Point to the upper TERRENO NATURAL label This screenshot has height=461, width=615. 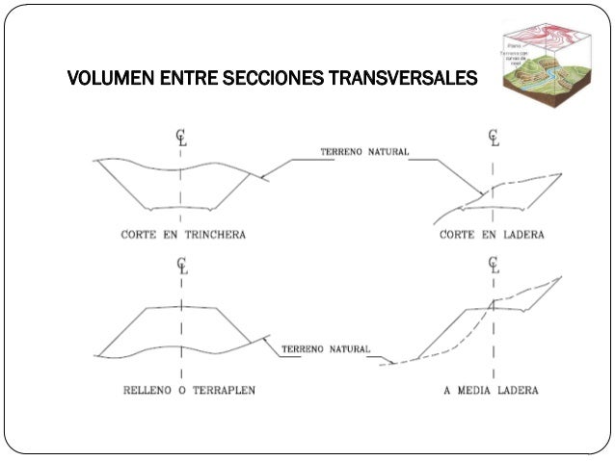[x=365, y=151]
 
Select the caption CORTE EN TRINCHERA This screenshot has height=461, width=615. [x=183, y=235]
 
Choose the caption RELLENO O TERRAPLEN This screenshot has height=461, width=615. [x=182, y=391]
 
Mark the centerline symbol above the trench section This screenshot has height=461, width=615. [x=180, y=138]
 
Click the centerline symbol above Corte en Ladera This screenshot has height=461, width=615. [x=493, y=138]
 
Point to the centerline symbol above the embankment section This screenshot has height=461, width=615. [x=180, y=266]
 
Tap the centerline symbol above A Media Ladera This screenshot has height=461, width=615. [x=493, y=266]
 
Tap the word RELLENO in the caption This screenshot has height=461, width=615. [x=147, y=391]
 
